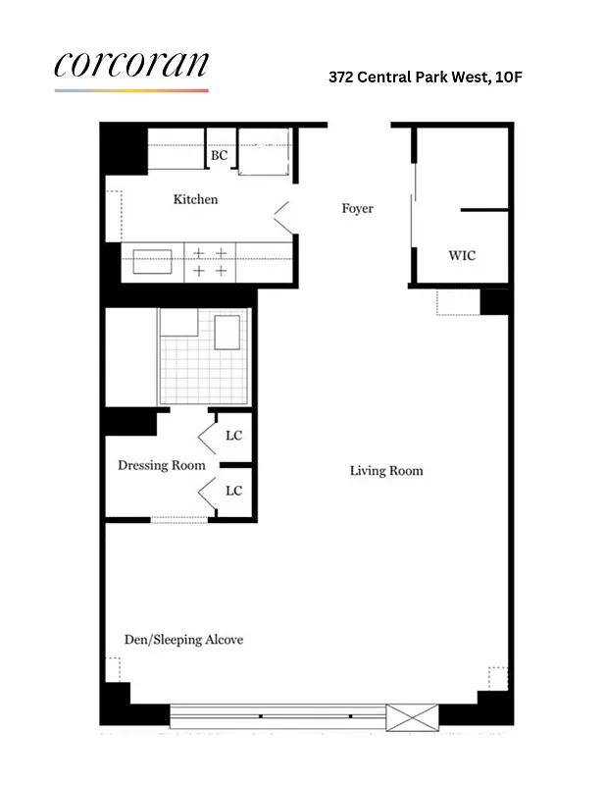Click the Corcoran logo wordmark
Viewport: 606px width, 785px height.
(x=131, y=64)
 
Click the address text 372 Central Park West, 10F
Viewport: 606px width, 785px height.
(x=419, y=76)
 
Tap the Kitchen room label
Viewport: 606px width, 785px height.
(x=195, y=200)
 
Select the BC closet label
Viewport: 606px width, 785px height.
(x=219, y=156)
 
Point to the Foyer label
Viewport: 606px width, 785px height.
(x=357, y=209)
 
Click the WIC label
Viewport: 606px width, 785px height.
(x=462, y=255)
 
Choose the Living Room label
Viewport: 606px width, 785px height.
(x=386, y=471)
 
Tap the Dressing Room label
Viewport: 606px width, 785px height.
(x=162, y=465)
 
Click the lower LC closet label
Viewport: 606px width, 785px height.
(x=233, y=491)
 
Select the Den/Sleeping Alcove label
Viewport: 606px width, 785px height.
(x=183, y=640)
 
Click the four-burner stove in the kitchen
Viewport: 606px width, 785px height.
(x=210, y=262)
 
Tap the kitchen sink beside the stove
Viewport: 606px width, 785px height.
(x=152, y=262)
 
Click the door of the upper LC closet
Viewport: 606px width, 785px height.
(x=208, y=436)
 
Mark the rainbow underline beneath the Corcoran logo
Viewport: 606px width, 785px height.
(x=131, y=91)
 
